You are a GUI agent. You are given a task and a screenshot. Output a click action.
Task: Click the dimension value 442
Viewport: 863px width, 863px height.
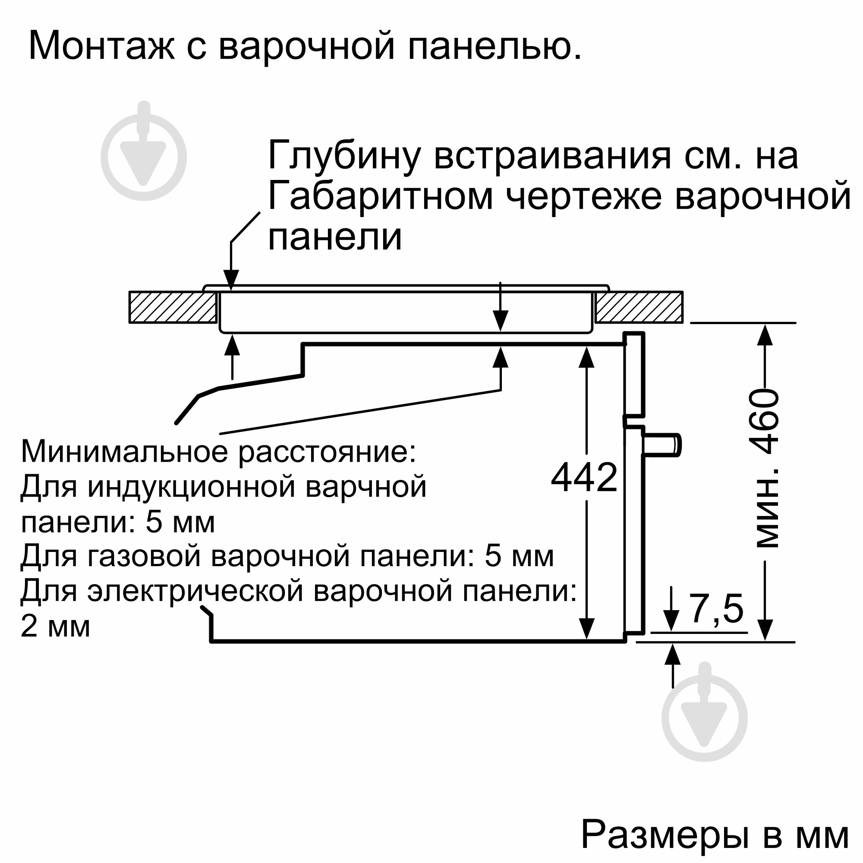(584, 478)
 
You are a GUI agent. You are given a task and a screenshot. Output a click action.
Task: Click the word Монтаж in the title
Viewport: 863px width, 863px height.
(101, 46)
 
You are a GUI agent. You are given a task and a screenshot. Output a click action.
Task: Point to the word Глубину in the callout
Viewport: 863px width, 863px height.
(344, 155)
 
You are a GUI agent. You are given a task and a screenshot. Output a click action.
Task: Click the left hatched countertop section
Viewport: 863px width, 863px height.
(173, 307)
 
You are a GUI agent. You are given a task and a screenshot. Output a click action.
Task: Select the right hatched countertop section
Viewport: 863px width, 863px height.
(639, 307)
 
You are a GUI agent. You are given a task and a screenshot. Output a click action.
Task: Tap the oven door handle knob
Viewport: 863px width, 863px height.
(661, 445)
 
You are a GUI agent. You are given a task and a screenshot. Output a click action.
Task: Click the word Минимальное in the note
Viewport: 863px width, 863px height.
(126, 452)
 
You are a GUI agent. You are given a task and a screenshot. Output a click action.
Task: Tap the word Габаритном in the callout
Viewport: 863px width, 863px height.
(380, 196)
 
